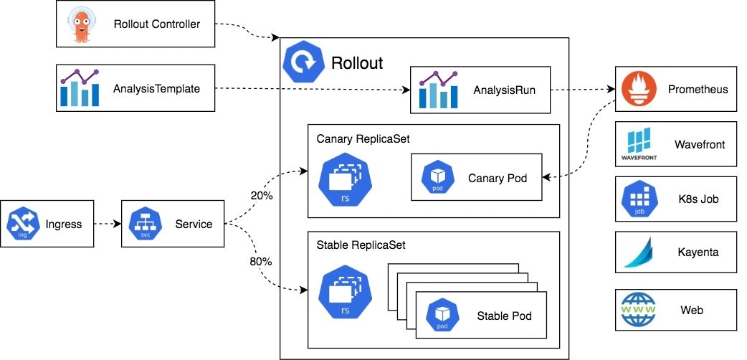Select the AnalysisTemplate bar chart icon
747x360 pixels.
[80, 88]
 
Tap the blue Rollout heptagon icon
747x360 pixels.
[305, 62]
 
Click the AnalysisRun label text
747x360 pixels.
[500, 90]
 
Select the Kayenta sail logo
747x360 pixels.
[638, 252]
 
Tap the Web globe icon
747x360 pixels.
[638, 310]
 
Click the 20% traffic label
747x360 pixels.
[261, 196]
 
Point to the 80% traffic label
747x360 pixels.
[261, 262]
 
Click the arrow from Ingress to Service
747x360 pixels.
[108, 224]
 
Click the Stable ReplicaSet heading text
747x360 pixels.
[361, 245]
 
